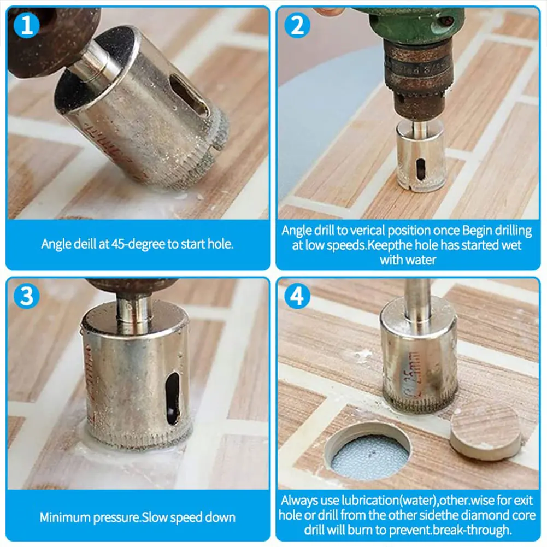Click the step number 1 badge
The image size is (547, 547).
coord(27,26)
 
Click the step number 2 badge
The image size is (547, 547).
coord(297,26)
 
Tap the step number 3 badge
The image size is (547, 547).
coord(27,296)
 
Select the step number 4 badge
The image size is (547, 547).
coord(297,296)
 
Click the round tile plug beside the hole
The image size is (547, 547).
coord(485,430)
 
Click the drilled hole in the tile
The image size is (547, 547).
coord(368,451)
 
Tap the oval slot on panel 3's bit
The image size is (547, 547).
coord(173,398)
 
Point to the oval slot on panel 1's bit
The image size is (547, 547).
coord(189,96)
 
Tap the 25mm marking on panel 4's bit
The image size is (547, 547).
coord(412,375)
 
